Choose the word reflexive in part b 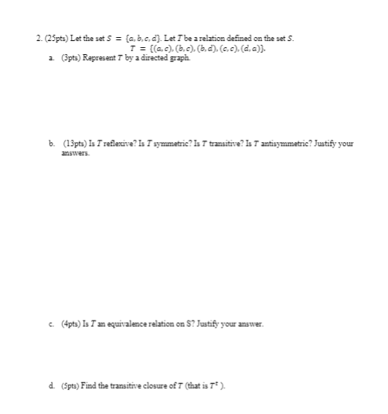coord(110,144)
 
